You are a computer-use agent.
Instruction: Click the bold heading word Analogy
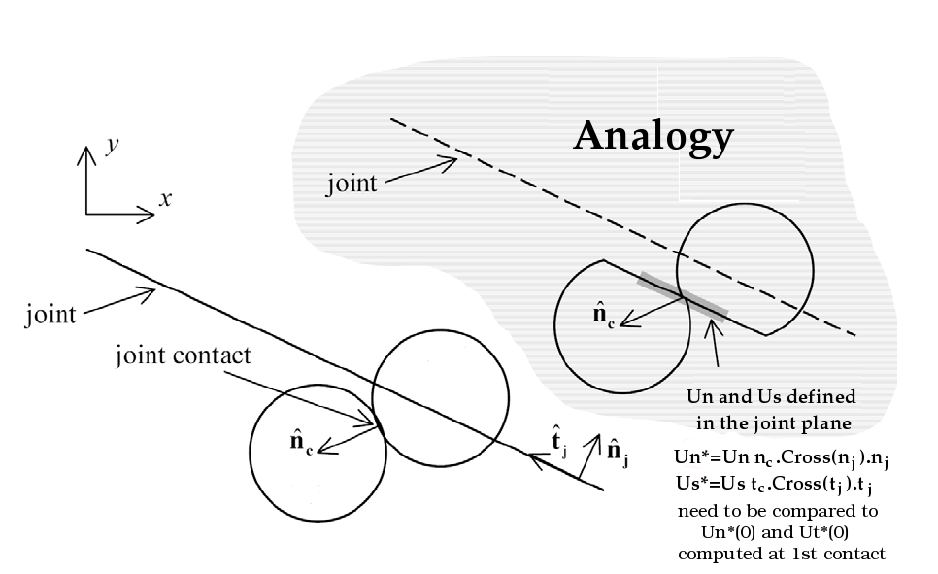pyautogui.click(x=653, y=136)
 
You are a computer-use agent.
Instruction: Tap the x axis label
pyautogui.click(x=165, y=198)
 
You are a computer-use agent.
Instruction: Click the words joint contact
pyautogui.click(x=183, y=355)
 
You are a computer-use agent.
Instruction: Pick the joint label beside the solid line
pyautogui.click(x=51, y=315)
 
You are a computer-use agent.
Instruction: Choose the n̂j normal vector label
pyautogui.click(x=617, y=450)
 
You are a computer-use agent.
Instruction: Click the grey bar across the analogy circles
pyautogui.click(x=682, y=295)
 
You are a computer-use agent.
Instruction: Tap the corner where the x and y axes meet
pyautogui.click(x=86, y=212)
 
